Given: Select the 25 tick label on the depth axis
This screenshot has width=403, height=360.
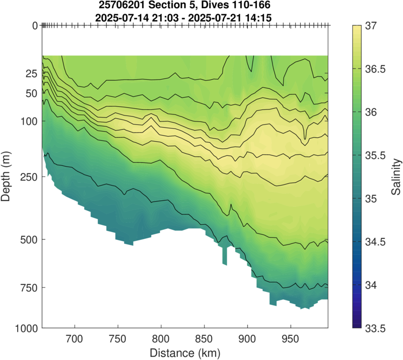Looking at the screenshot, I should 32,74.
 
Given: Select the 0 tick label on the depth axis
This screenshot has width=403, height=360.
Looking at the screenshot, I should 35,26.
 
